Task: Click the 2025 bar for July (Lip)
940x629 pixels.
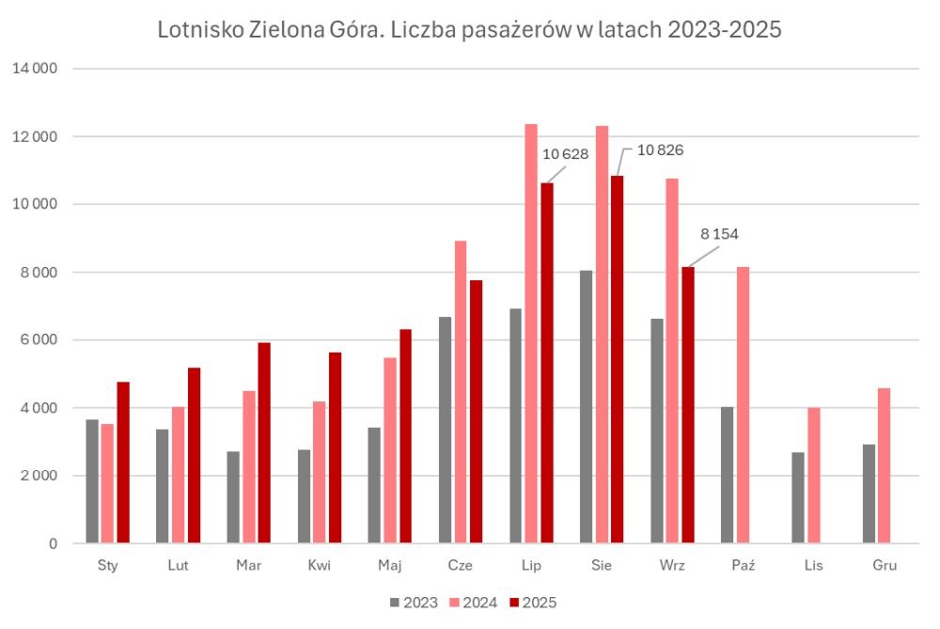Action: tap(547, 363)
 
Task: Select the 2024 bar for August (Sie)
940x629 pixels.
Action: tap(603, 334)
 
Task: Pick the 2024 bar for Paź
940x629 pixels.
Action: tap(744, 405)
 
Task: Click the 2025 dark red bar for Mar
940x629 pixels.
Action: tap(264, 443)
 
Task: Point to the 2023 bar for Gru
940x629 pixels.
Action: tap(869, 494)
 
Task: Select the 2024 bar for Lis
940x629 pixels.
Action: tap(813, 475)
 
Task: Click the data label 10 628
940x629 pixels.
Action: tap(566, 154)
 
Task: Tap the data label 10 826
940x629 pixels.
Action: tap(660, 149)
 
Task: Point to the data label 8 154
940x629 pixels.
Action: tap(719, 233)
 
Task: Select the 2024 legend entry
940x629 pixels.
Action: tap(475, 603)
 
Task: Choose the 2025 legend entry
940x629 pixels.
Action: tap(532, 603)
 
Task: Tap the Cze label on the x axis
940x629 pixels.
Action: tap(461, 565)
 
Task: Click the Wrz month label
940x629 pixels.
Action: tap(672, 565)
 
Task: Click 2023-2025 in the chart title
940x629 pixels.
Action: tap(724, 31)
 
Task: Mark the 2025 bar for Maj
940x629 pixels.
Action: tap(405, 436)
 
